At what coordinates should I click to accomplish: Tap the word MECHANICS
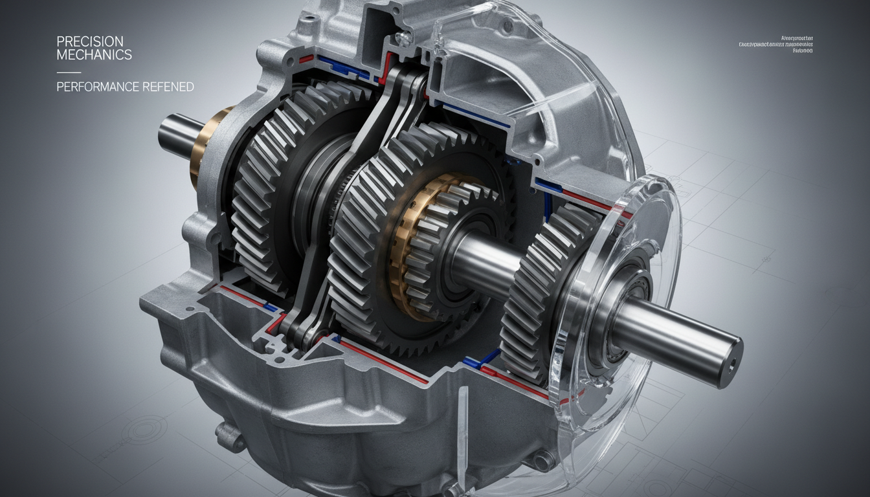(94, 55)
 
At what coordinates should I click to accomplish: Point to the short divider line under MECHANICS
(69, 72)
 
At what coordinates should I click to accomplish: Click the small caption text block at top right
(775, 45)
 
